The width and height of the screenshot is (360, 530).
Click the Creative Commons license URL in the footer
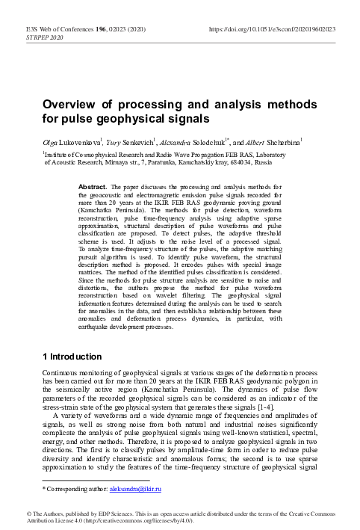coord(133,521)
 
